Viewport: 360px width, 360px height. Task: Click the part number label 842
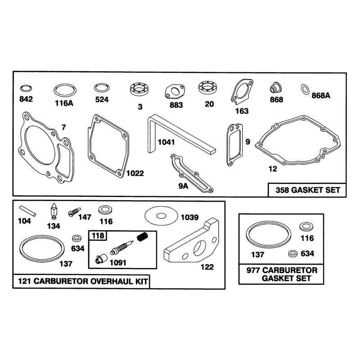pyautogui.click(x=26, y=99)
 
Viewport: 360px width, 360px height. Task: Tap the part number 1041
pyautogui.click(x=166, y=142)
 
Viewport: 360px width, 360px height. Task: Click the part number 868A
pyautogui.click(x=321, y=95)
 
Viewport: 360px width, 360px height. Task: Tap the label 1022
pyautogui.click(x=135, y=173)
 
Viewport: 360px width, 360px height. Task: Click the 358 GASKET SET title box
pyautogui.click(x=307, y=190)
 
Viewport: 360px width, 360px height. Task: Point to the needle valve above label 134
pyautogui.click(x=54, y=211)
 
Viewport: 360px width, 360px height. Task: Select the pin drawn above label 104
pyautogui.click(x=27, y=211)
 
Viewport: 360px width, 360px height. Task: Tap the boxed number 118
pyautogui.click(x=98, y=235)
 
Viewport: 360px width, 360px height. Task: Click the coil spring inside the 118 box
pyautogui.click(x=143, y=237)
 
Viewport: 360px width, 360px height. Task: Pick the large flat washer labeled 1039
pyautogui.click(x=162, y=216)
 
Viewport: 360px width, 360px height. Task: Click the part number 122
pyautogui.click(x=207, y=267)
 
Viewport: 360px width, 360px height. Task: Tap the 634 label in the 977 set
pyautogui.click(x=307, y=253)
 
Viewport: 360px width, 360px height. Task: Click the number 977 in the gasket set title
pyautogui.click(x=253, y=270)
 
